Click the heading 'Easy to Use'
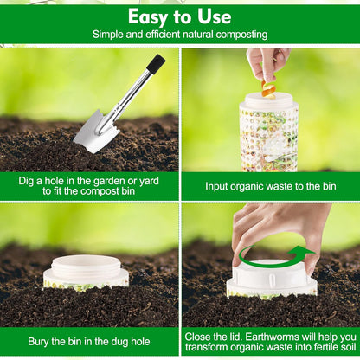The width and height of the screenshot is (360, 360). point(180,17)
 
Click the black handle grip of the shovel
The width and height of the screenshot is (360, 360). point(155,64)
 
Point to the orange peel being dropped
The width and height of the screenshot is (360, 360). point(268,87)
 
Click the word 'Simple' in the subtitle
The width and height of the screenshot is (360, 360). point(112,35)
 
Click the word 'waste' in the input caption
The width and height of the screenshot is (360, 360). point(288,186)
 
